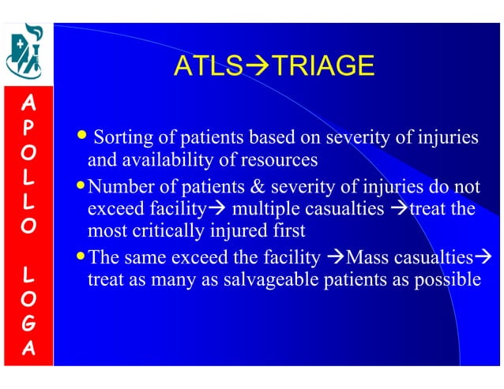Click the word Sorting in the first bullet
tap(119, 139)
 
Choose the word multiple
tap(260, 211)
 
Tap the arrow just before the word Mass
tap(335, 258)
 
